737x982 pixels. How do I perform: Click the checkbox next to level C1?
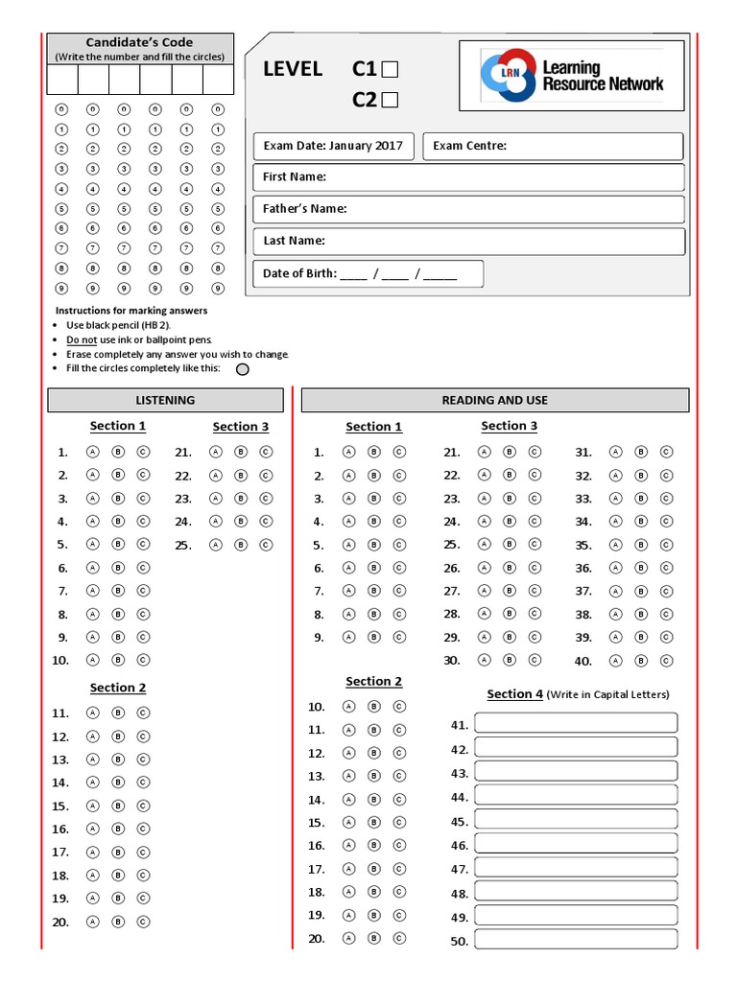click(x=390, y=69)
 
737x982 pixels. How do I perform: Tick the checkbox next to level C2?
click(x=390, y=100)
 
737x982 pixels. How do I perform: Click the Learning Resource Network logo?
click(x=571, y=76)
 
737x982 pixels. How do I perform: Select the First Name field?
click(x=468, y=177)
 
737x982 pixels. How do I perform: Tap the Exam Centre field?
click(x=553, y=146)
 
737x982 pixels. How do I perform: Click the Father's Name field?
click(x=468, y=209)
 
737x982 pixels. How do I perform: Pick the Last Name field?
click(x=468, y=241)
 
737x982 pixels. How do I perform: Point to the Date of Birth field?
click(x=368, y=273)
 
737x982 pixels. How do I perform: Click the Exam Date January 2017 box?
click(x=334, y=146)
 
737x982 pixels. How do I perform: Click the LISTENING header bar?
click(x=165, y=400)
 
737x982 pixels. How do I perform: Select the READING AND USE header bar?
click(x=495, y=400)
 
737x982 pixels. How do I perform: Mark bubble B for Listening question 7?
click(x=118, y=591)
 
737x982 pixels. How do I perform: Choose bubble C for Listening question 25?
click(x=266, y=545)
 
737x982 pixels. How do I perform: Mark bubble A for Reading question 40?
click(x=616, y=661)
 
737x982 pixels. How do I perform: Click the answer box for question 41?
click(x=576, y=723)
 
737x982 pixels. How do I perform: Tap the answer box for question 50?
click(x=576, y=940)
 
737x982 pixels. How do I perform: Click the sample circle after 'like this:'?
click(x=243, y=369)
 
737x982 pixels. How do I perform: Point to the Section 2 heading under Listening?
click(x=118, y=688)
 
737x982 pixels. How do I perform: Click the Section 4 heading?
click(x=514, y=694)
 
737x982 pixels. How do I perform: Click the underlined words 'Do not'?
click(x=82, y=339)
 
